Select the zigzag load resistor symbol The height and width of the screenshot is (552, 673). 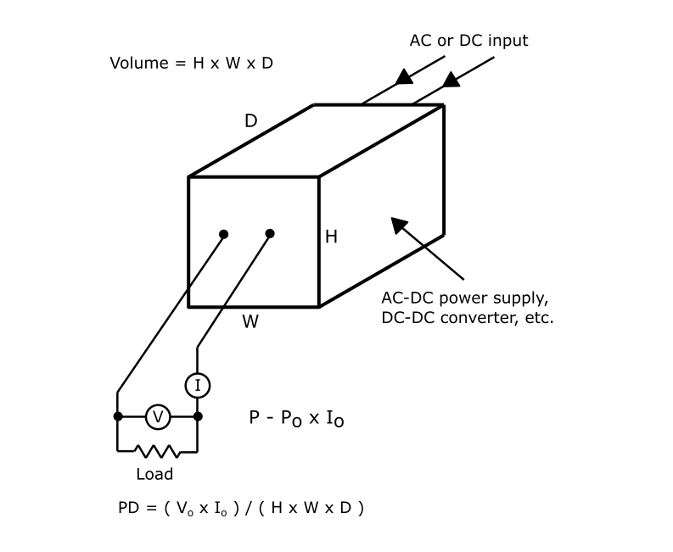click(157, 452)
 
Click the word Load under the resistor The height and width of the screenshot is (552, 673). click(154, 474)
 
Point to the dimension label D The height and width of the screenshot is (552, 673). click(250, 121)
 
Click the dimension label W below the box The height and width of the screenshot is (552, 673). click(250, 321)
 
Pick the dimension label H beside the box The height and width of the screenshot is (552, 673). click(331, 237)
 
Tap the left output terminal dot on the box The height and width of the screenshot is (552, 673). click(223, 234)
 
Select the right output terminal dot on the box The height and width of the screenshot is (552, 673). click(270, 233)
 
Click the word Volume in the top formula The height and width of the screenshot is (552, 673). click(139, 63)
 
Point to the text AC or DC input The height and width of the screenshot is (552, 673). click(468, 41)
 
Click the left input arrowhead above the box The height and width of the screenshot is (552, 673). click(404, 77)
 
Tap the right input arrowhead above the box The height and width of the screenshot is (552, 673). click(451, 80)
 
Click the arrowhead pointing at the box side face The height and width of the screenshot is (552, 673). click(399, 226)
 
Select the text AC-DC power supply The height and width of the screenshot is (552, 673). click(465, 298)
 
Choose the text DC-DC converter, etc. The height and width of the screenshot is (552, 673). click(468, 318)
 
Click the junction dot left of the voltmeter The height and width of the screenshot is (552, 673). click(118, 416)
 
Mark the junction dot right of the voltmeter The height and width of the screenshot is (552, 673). click(198, 416)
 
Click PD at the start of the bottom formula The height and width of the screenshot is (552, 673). click(129, 508)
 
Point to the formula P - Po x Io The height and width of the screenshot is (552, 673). click(296, 418)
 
